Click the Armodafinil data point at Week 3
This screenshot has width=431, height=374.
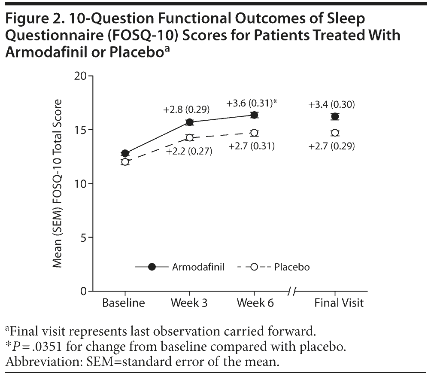(x=189, y=122)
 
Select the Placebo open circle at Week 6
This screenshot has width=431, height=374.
(x=254, y=133)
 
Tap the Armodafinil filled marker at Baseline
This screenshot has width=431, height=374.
(x=125, y=153)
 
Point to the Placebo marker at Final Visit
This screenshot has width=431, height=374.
(x=335, y=133)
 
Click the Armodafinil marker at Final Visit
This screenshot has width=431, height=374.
(x=335, y=116)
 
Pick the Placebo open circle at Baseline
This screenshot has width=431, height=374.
(x=125, y=162)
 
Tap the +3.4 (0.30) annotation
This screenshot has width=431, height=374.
(x=331, y=104)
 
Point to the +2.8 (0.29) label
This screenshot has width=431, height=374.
(x=186, y=109)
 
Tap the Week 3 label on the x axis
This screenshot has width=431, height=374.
(x=189, y=303)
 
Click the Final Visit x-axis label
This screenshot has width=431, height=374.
(x=339, y=303)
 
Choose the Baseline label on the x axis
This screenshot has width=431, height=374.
(x=124, y=303)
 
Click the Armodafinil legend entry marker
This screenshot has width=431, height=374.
(x=152, y=267)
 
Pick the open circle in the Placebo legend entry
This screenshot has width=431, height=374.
(x=254, y=267)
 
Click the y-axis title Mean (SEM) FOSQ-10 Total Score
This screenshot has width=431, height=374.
(x=57, y=183)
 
